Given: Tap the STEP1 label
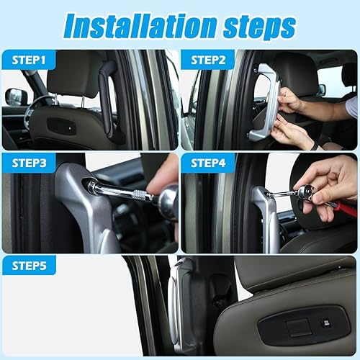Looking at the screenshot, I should (x=29, y=60).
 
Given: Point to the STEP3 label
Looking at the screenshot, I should (x=30, y=163).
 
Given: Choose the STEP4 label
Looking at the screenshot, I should (x=209, y=163).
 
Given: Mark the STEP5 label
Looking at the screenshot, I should (x=30, y=265).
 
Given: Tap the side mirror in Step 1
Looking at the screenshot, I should (x=15, y=96).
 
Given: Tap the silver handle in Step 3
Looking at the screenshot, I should (x=90, y=209).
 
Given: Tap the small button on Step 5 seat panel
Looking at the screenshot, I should (x=325, y=323).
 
